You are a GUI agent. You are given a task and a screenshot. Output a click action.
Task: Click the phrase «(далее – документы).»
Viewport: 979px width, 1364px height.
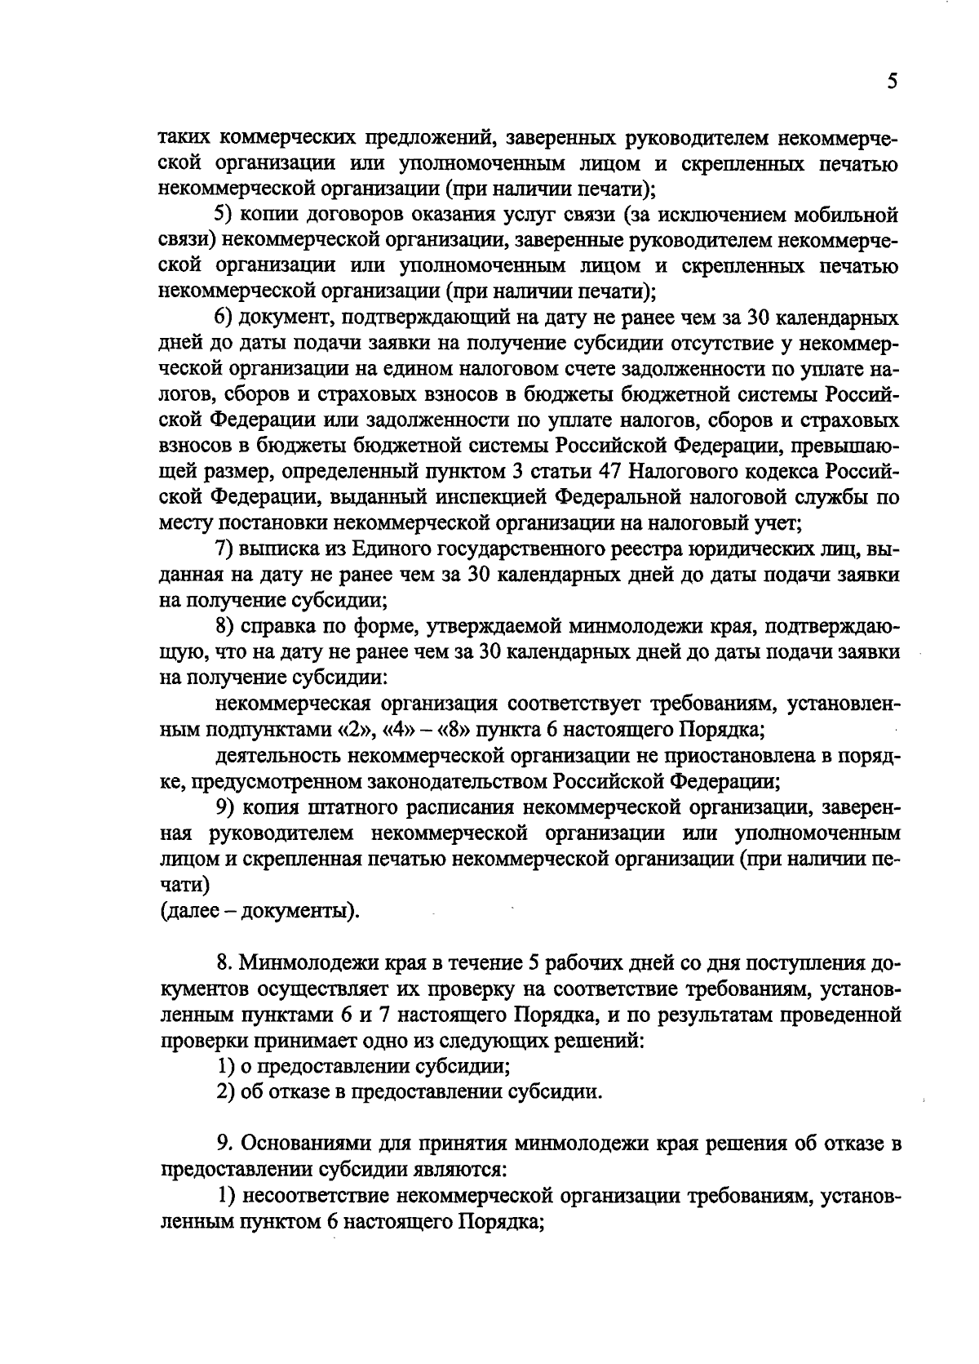[259, 910]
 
